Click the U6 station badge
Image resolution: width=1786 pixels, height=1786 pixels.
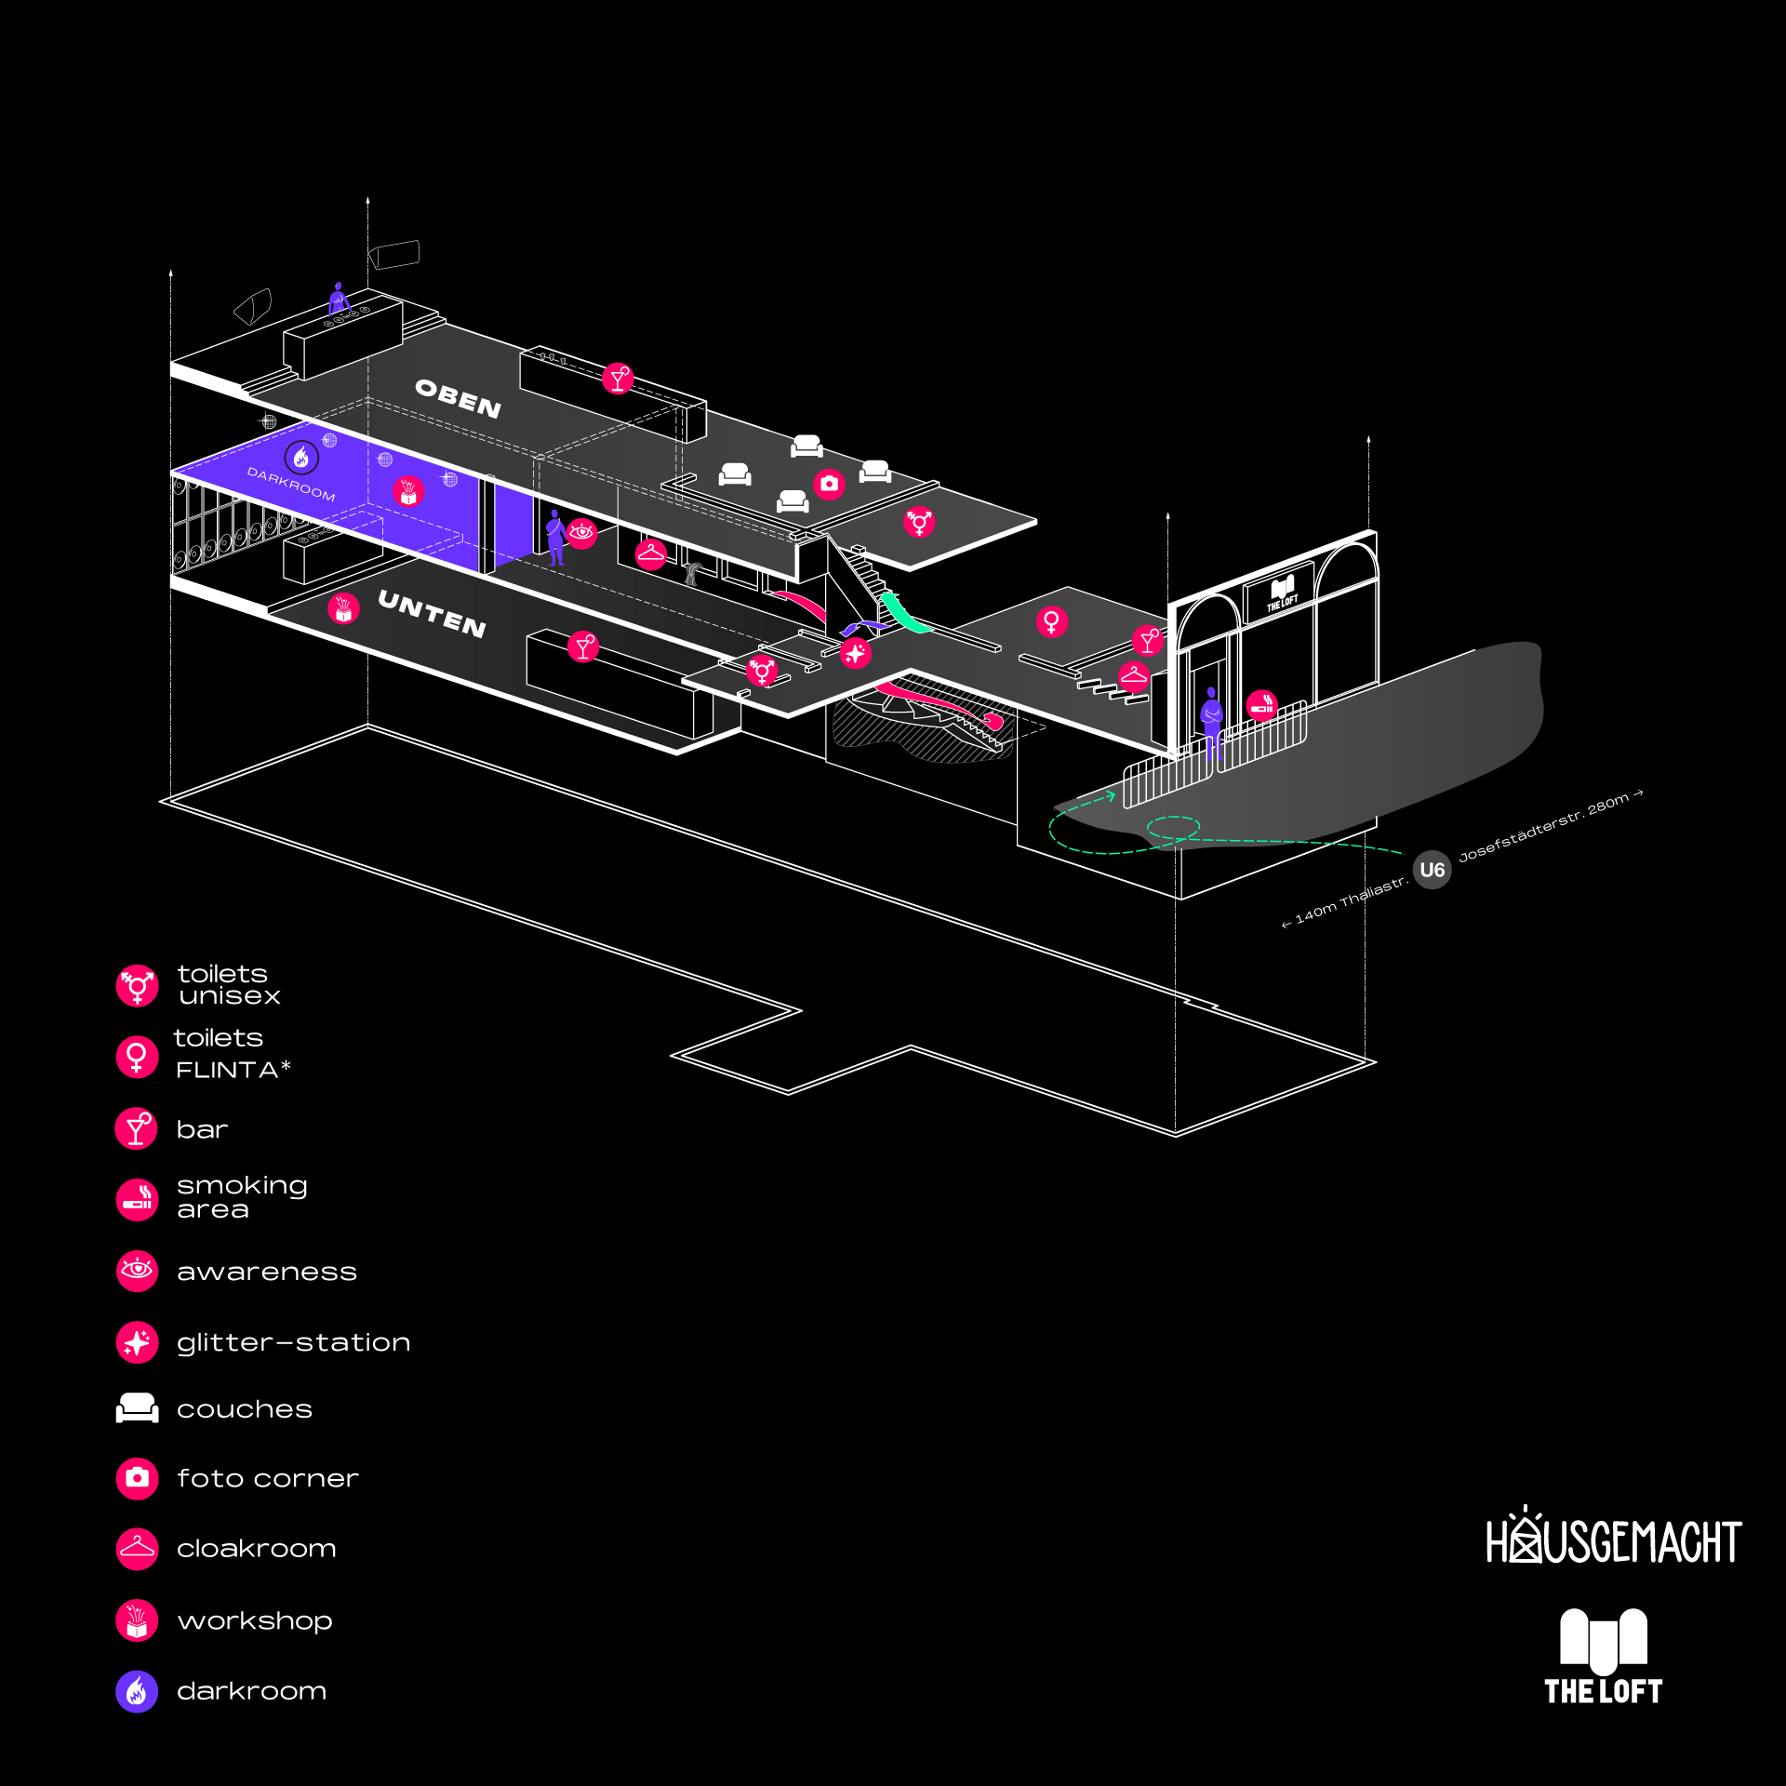pos(1432,870)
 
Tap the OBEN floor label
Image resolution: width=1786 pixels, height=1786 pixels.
pos(458,398)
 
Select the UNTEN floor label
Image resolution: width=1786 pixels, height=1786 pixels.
pos(432,614)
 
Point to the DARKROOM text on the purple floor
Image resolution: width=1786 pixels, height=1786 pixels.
pos(290,484)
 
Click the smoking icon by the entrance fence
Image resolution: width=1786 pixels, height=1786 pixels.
pos(1261,706)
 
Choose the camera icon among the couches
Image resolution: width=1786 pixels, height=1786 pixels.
pos(829,484)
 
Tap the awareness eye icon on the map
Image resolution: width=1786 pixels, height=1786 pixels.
pos(581,533)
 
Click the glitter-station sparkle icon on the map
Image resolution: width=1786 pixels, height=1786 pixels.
pos(855,653)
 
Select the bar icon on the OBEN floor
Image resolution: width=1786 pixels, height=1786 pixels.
pos(618,379)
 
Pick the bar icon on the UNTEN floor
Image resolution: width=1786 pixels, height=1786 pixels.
pos(583,646)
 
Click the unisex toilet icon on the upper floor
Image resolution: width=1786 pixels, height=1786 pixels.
pos(919,522)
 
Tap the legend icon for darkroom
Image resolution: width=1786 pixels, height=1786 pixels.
pos(137,1691)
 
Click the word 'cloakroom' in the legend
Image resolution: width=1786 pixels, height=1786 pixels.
pos(256,1549)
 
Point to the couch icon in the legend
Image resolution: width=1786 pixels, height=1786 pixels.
pos(137,1407)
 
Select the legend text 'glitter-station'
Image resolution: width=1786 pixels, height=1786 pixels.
pos(293,1342)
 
